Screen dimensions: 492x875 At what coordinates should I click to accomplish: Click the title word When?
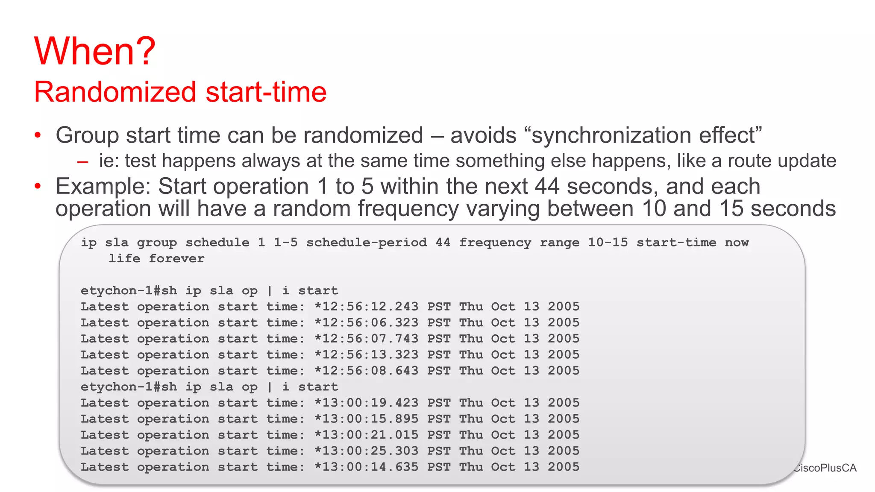(95, 51)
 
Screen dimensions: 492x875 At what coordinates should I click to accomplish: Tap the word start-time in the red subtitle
(266, 92)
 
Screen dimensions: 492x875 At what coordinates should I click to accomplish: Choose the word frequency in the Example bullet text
(408, 209)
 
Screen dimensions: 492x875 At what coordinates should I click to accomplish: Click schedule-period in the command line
(366, 243)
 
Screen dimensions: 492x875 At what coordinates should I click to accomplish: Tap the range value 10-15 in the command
(608, 243)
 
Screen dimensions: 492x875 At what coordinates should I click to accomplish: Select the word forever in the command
(176, 259)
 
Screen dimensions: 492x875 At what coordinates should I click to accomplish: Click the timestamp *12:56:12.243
(366, 307)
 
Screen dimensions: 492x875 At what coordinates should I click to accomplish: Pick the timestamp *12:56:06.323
(366, 323)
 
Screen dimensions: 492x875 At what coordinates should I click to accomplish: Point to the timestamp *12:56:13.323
(366, 355)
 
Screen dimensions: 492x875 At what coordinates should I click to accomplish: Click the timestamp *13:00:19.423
(366, 403)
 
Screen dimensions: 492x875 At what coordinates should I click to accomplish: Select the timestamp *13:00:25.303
(366, 451)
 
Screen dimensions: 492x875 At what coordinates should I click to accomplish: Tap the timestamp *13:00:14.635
(366, 467)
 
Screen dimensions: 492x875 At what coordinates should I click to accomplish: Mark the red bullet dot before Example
(38, 186)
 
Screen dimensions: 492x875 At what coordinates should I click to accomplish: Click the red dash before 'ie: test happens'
(83, 162)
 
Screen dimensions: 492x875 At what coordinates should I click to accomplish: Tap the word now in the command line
(737, 243)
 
